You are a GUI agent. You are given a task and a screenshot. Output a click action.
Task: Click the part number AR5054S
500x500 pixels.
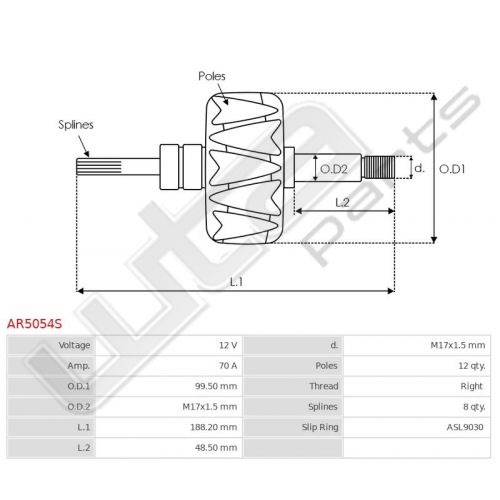tap(34, 324)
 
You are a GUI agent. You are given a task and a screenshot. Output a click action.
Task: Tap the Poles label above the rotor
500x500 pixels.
tap(212, 76)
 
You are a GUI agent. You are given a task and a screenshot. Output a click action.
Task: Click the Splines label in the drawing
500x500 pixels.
tap(76, 125)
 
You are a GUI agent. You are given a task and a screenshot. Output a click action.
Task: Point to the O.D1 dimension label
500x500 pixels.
tap(452, 169)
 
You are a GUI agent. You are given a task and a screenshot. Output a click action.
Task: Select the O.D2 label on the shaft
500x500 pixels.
tap(334, 169)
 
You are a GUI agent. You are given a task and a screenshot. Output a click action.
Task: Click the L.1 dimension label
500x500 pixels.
tap(236, 282)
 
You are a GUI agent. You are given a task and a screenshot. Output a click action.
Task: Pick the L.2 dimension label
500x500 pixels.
tap(342, 202)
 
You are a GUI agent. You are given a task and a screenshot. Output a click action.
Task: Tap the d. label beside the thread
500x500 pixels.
tap(419, 168)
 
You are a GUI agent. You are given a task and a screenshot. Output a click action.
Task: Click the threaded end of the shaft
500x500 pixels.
tap(379, 167)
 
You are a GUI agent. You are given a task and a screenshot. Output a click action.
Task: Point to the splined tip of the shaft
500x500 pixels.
tap(99, 167)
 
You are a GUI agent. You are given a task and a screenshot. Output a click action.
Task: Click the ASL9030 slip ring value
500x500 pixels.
tap(465, 427)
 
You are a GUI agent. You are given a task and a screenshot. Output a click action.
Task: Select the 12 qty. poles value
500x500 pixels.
tap(472, 366)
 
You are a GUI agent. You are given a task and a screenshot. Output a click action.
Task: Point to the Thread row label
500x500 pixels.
tap(324, 386)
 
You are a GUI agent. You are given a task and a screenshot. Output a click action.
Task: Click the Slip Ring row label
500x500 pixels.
tap(320, 427)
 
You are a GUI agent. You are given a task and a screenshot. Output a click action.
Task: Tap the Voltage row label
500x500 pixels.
tap(74, 345)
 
